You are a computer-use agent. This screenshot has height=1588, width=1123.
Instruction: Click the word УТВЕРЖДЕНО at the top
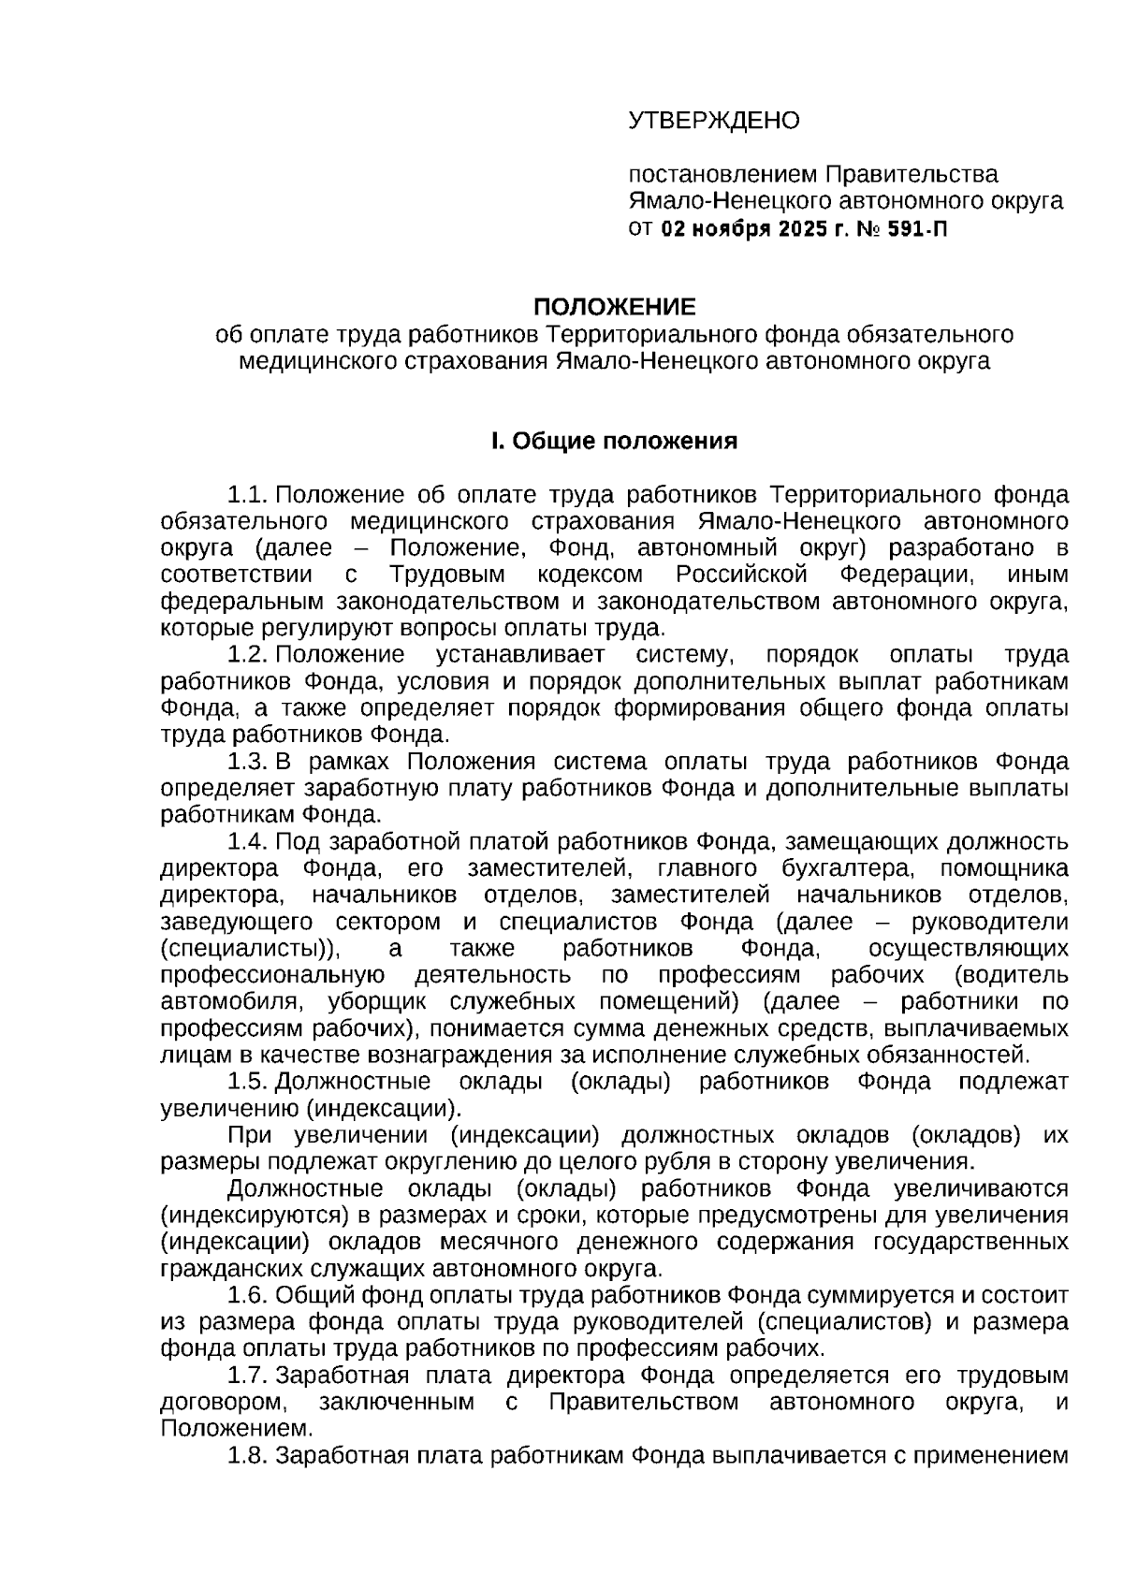(713, 121)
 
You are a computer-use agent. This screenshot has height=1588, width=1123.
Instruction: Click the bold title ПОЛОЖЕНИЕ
(614, 307)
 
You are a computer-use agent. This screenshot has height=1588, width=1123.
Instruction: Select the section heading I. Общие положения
(614, 441)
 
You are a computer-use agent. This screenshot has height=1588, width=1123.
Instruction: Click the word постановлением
(722, 175)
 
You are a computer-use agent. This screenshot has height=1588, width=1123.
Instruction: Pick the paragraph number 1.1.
(249, 494)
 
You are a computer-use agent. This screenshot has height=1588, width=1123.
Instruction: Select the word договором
(221, 1403)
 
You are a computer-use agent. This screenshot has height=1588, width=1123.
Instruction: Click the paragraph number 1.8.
(249, 1456)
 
